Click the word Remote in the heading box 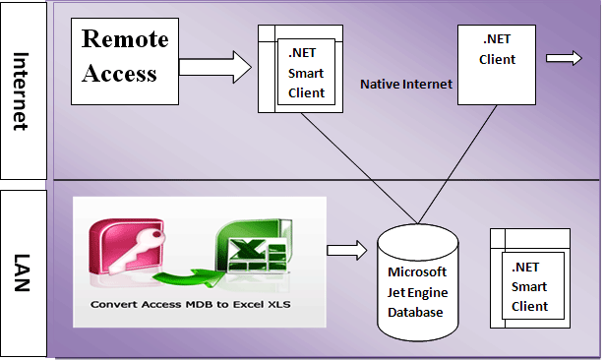click(125, 40)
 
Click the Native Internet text click(406, 85)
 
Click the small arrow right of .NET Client click(564, 59)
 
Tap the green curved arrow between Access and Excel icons click(187, 277)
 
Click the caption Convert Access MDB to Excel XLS click(191, 304)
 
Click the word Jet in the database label click(397, 291)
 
